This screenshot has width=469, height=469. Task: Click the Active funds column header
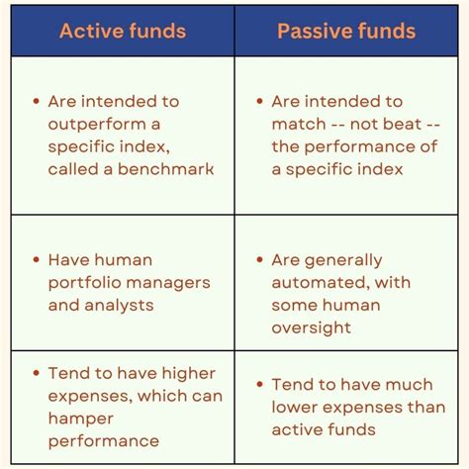point(123,31)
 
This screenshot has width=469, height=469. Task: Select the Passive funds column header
point(346,31)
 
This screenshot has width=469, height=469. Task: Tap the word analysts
point(119,306)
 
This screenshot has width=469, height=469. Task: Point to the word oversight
point(310,328)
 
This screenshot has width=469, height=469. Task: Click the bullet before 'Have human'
point(37,260)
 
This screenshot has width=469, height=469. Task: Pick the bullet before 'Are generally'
point(259,260)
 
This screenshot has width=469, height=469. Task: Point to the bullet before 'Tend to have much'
point(259,384)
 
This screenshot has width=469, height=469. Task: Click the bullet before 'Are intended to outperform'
point(37,101)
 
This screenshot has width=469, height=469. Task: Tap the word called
point(74,169)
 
